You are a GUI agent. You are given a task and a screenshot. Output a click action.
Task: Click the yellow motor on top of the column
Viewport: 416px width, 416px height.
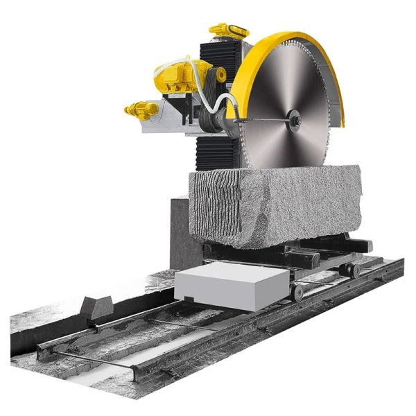228,31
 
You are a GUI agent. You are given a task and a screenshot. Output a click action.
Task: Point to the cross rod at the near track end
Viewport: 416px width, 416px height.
83,361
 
